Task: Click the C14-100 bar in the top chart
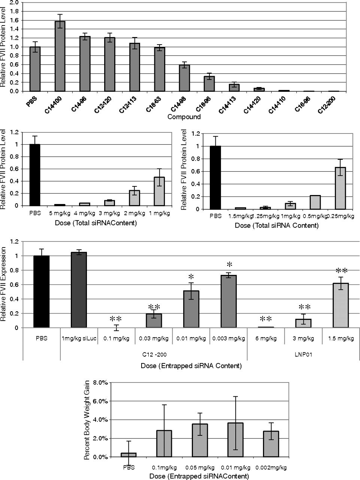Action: pos(60,56)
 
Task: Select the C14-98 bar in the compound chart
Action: pos(184,78)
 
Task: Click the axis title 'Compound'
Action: pos(184,117)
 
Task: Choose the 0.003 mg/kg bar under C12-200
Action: pos(229,301)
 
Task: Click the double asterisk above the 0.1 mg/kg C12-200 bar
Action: pos(116,319)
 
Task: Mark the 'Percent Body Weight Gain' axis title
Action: pos(87,420)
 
